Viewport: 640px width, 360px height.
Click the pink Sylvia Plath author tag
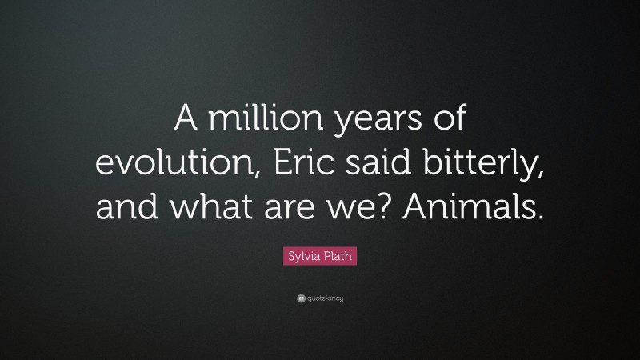[319, 257]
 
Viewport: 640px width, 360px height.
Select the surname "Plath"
[338, 257]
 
